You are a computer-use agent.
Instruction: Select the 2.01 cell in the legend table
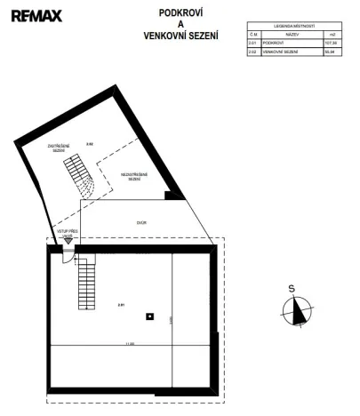point(253,43)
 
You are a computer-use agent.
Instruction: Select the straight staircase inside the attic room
point(86,281)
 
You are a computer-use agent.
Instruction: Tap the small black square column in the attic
point(151,316)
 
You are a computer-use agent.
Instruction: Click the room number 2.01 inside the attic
point(120,305)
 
